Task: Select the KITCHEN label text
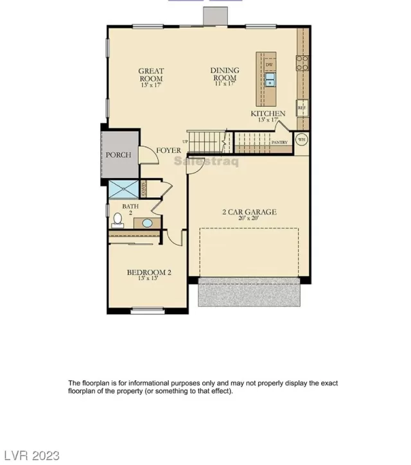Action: point(268,114)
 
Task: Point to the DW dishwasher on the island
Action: point(270,64)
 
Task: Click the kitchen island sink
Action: point(270,80)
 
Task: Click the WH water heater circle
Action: point(301,139)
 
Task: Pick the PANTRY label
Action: point(279,142)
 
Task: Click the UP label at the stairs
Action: point(186,141)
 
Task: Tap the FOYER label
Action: point(168,151)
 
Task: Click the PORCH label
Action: point(118,155)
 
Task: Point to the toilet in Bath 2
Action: point(117,220)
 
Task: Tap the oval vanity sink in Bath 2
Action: point(147,224)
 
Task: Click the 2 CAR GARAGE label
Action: point(249,211)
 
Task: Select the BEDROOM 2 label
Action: point(149,272)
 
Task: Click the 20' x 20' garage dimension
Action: point(249,218)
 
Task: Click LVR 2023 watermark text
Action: point(28,457)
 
